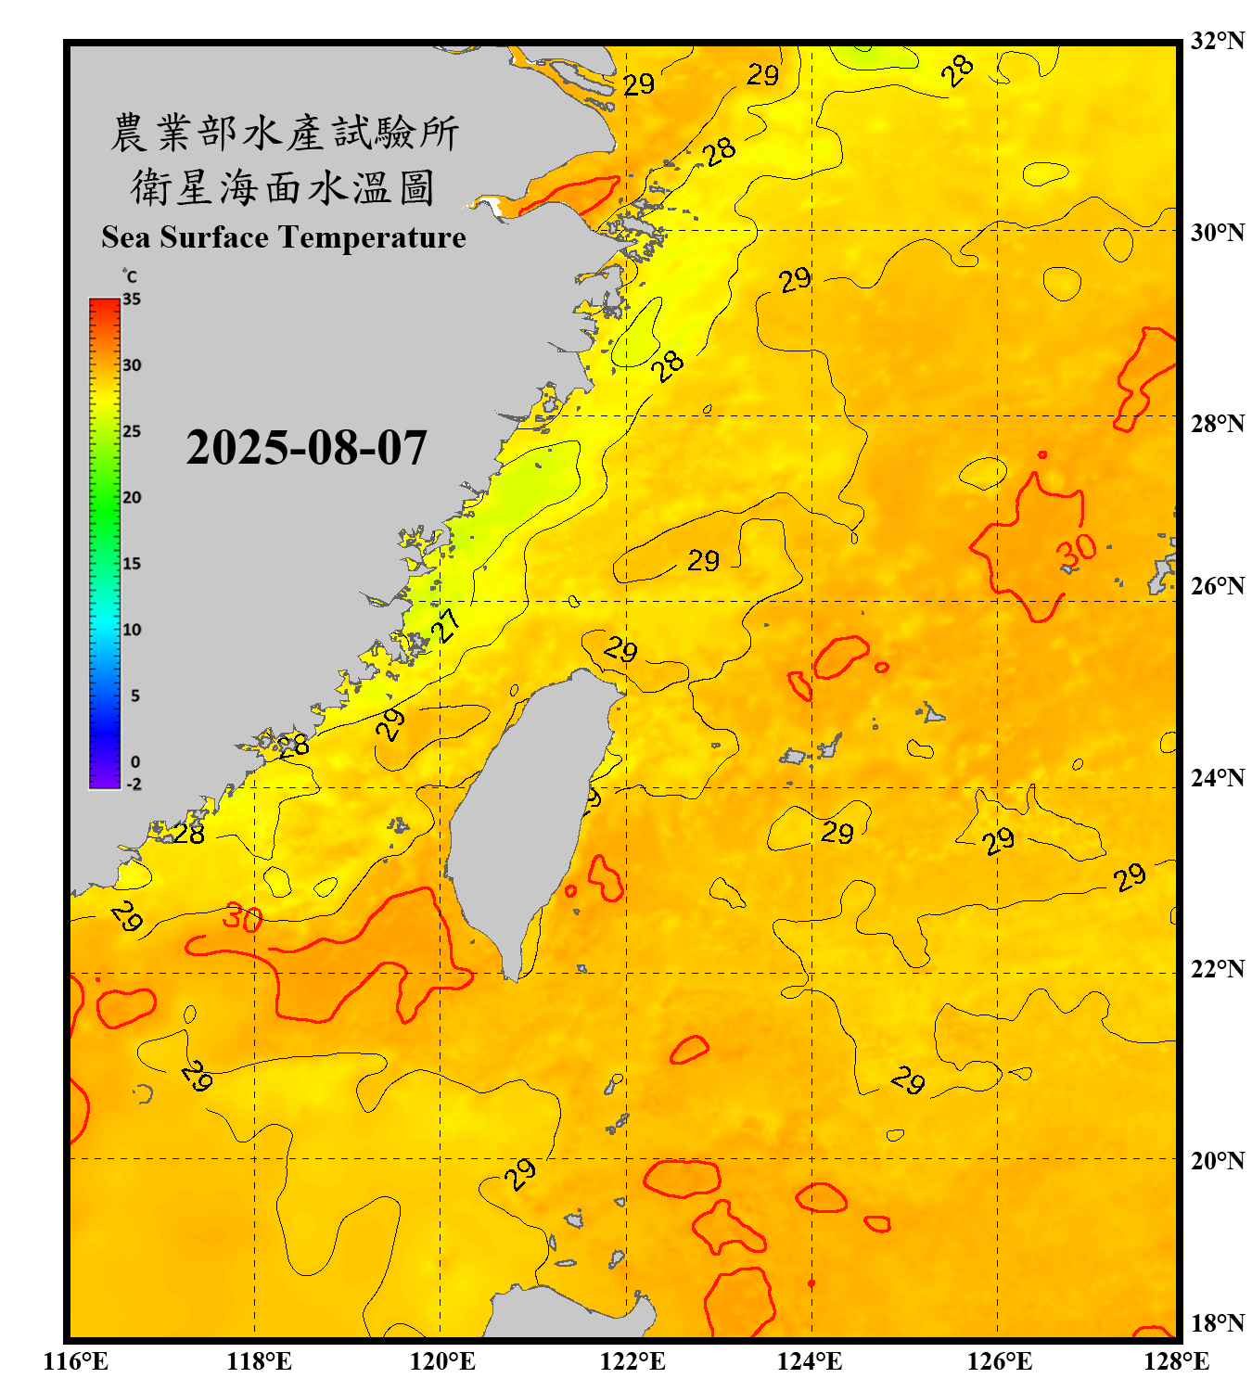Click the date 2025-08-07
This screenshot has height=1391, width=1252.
306,448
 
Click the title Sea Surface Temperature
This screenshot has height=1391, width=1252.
284,237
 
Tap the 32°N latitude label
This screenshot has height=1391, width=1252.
1217,41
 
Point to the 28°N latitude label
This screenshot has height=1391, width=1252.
1217,424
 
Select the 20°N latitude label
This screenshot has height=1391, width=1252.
1217,1160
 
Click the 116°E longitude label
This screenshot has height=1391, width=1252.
76,1361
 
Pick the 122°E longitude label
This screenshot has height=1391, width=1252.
632,1361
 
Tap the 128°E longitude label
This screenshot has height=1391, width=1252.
1176,1361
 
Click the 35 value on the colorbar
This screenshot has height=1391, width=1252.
132,299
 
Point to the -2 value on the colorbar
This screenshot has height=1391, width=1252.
134,785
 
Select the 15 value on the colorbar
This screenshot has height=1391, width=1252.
132,564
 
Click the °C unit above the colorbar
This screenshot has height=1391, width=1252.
129,276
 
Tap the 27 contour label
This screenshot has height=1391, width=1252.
447,626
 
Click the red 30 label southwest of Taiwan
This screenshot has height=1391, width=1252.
242,918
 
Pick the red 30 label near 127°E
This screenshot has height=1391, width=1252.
1077,551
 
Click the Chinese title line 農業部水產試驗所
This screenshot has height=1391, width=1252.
284,133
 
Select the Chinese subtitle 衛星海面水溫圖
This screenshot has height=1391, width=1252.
283,188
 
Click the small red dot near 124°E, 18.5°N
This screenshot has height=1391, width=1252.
811,1284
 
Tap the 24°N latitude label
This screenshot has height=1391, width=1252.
1217,777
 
